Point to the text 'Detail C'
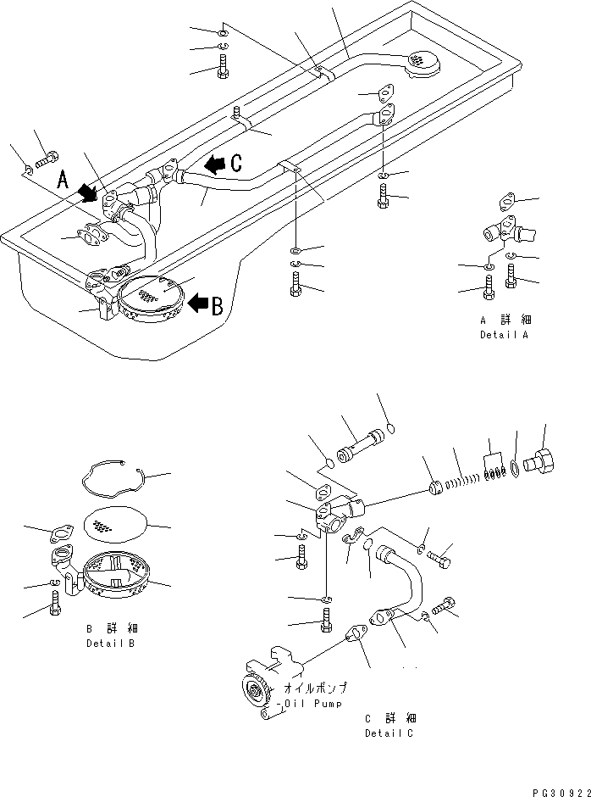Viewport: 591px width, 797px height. point(389,733)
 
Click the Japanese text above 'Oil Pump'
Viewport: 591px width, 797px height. point(315,688)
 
